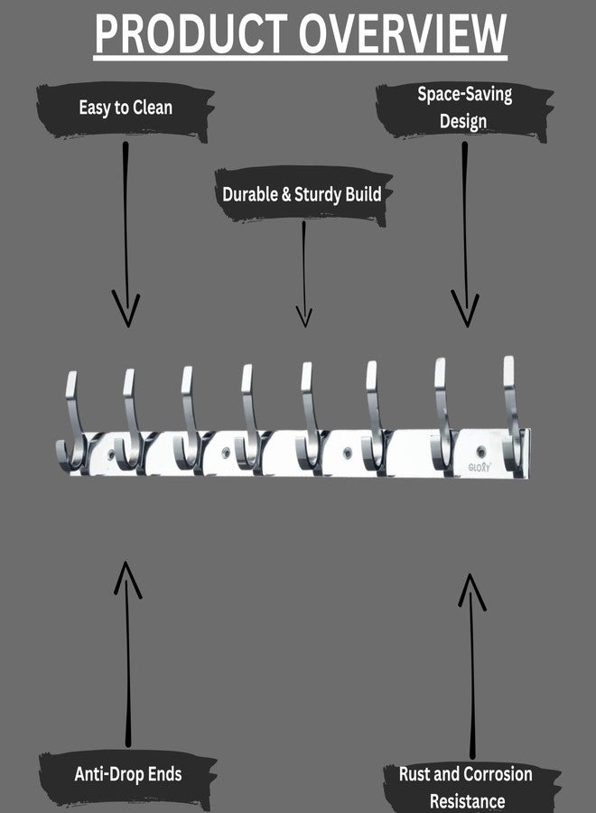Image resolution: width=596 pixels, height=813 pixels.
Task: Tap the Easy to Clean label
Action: pos(126,107)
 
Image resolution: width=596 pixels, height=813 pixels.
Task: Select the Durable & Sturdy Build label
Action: pos(302,194)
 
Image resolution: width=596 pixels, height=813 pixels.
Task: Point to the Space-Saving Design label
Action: pos(464,107)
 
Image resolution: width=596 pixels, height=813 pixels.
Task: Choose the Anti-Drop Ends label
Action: pos(128,774)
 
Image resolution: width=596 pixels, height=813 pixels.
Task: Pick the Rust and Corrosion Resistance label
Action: pos(466,787)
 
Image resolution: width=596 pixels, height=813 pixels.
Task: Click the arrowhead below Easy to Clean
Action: pos(126,310)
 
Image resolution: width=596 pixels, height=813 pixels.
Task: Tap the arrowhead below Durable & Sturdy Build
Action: pos(304,316)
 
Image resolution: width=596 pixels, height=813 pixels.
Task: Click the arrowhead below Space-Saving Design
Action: pos(465,309)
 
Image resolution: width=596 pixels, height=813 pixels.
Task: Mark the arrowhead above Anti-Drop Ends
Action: pos(126,579)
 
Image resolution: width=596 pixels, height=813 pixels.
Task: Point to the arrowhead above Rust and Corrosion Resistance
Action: pos(470,591)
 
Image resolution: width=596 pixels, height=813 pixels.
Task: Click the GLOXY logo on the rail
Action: pos(479,467)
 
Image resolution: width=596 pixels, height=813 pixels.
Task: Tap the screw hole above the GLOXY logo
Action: pos(482,451)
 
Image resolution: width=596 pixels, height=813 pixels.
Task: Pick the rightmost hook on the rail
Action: pos(513,415)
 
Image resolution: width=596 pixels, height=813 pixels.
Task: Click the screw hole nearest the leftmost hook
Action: pos(111,454)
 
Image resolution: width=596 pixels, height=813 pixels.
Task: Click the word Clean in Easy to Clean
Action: pos(153,107)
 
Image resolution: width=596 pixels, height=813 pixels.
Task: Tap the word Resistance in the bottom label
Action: pos(468,801)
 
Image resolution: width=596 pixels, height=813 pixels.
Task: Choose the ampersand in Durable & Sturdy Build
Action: pos(286,195)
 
